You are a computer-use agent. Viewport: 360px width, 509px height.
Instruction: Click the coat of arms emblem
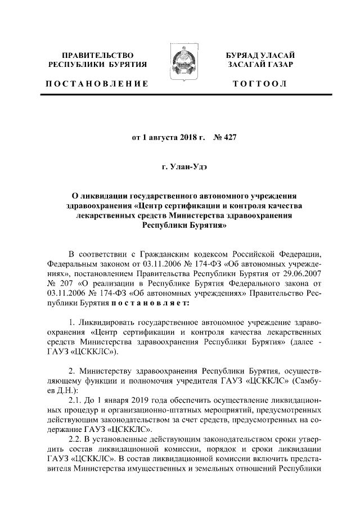click(x=180, y=61)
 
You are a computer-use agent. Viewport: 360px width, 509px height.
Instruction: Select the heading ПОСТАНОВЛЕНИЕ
click(x=97, y=84)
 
